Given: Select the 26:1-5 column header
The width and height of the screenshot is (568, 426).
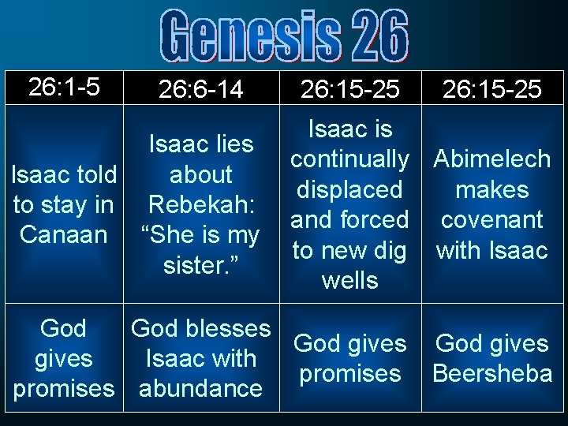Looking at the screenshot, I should pyautogui.click(x=64, y=87).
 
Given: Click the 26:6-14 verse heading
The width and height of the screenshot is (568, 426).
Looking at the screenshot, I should pyautogui.click(x=201, y=89).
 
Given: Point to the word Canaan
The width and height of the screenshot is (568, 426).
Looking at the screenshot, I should pyautogui.click(x=64, y=235).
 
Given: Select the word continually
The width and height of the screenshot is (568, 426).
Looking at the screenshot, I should pyautogui.click(x=349, y=159).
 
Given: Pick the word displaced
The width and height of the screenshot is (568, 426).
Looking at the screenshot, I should pyautogui.click(x=349, y=190).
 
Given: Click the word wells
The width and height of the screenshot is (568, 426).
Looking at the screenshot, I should pyautogui.click(x=349, y=281).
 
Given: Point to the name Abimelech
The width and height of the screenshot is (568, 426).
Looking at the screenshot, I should pyautogui.click(x=492, y=159).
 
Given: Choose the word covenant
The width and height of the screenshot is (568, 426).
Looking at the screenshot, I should pyautogui.click(x=492, y=220).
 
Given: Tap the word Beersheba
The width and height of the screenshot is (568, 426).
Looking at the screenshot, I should pyautogui.click(x=492, y=373).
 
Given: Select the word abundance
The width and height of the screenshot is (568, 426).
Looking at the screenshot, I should pyautogui.click(x=200, y=388).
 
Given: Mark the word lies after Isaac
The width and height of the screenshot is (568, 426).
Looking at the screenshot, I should pyautogui.click(x=235, y=144).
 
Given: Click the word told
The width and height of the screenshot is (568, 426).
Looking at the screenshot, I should pyautogui.click(x=95, y=174).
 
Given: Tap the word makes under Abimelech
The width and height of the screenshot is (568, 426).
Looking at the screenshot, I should pyautogui.click(x=492, y=190).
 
